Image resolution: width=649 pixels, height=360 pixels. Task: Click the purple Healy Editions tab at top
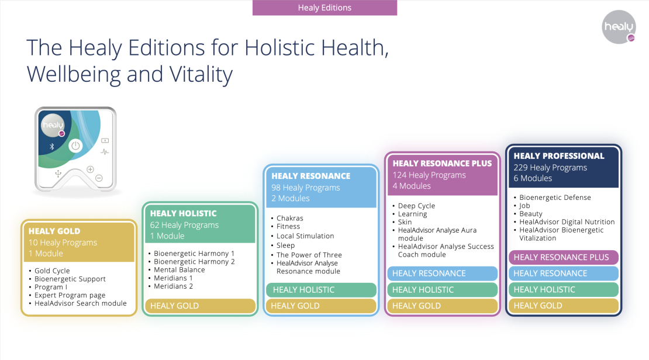pos(324,8)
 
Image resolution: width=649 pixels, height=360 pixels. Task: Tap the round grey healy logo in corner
pos(619,27)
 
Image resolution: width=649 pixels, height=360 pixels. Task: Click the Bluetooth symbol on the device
pos(51,147)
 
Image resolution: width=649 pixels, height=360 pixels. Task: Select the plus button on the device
pos(90,169)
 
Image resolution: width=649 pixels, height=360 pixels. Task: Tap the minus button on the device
pos(99,178)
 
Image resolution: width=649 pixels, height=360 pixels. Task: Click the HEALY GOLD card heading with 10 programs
pos(54,231)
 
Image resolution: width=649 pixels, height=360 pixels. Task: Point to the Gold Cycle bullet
pos(52,271)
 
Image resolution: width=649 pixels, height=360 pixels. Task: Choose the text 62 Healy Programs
pos(184,224)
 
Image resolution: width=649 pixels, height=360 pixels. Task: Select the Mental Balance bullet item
pos(179,270)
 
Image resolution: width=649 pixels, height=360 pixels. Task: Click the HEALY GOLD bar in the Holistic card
pos(201,306)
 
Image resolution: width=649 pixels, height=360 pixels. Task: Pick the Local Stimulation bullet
pos(305,236)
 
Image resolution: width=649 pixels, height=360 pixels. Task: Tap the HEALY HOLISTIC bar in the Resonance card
pos(321,290)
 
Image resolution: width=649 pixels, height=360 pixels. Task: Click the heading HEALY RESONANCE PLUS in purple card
pos(442,164)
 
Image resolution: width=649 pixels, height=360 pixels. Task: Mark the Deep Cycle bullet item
pos(416,206)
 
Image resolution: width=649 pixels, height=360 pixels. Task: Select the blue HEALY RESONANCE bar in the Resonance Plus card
pos(443,273)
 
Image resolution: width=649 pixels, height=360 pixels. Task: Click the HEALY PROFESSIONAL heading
pos(559,156)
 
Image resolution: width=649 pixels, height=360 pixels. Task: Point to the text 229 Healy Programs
pos(550,168)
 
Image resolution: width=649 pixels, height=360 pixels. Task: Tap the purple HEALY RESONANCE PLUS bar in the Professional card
pos(563,257)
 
